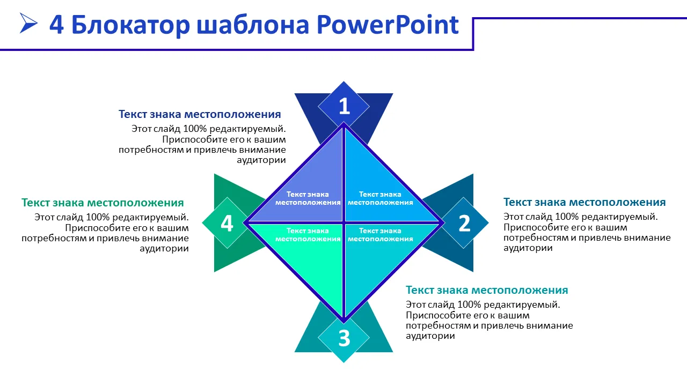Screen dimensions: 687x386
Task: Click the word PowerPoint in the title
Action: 388,25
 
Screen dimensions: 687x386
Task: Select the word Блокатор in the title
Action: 131,25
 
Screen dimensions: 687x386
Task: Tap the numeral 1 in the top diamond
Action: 344,106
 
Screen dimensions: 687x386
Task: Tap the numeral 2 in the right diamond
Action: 464,223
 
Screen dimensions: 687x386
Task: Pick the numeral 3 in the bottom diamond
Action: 344,338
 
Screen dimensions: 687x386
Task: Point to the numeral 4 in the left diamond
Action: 227,223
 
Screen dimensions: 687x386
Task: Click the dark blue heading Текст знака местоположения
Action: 200,114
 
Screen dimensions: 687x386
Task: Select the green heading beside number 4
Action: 103,203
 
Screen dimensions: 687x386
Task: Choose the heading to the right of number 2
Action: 584,203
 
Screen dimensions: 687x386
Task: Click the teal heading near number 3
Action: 487,290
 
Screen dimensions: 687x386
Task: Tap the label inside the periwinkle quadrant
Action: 308,198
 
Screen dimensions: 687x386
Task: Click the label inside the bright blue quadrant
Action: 381,198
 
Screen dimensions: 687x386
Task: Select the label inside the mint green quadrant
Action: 308,235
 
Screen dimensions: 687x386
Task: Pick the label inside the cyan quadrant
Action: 381,235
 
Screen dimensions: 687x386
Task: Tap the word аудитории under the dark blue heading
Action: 261,160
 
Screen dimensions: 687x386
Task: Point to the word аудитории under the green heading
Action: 164,248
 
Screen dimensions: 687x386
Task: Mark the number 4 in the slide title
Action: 57,25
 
